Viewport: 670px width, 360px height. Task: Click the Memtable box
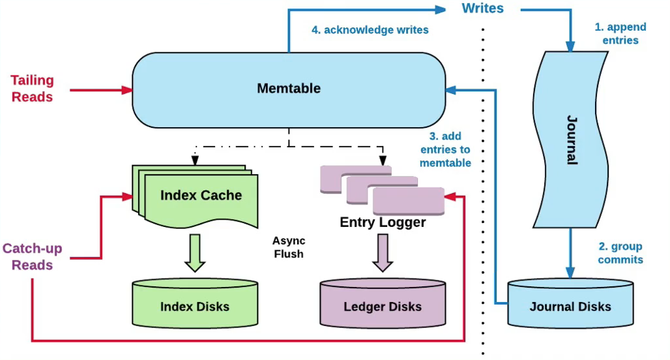pyautogui.click(x=288, y=89)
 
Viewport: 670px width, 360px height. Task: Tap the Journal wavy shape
pyautogui.click(x=571, y=140)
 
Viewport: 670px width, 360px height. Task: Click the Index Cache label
pyautogui.click(x=201, y=195)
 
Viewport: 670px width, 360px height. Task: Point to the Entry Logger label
pyautogui.click(x=383, y=222)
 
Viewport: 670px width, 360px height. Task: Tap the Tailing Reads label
pyautogui.click(x=32, y=88)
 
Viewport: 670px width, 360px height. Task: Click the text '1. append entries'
pyautogui.click(x=620, y=34)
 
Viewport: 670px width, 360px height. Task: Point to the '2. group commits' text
pyautogui.click(x=620, y=253)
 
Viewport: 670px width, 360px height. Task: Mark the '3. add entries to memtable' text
pyautogui.click(x=446, y=149)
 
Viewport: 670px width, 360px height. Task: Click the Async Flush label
pyautogui.click(x=288, y=247)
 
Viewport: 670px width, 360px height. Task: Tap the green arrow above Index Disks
pyautogui.click(x=194, y=252)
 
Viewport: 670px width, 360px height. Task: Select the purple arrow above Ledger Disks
pyautogui.click(x=383, y=252)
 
